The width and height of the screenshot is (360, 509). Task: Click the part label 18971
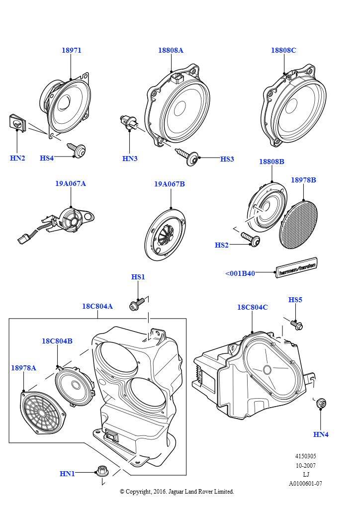72,50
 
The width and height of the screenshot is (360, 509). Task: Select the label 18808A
171,50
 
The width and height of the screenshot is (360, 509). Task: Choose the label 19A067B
169,184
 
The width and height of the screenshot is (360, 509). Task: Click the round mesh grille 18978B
299,224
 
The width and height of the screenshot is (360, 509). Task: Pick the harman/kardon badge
297,268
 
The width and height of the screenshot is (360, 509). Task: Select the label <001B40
240,273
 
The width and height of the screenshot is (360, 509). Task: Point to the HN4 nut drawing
321,404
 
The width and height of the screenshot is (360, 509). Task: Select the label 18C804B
57,341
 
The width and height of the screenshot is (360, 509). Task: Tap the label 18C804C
252,307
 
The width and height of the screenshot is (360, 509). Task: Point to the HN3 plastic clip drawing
128,122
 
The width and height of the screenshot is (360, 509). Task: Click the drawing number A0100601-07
305,484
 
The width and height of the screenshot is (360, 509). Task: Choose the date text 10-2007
305,466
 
